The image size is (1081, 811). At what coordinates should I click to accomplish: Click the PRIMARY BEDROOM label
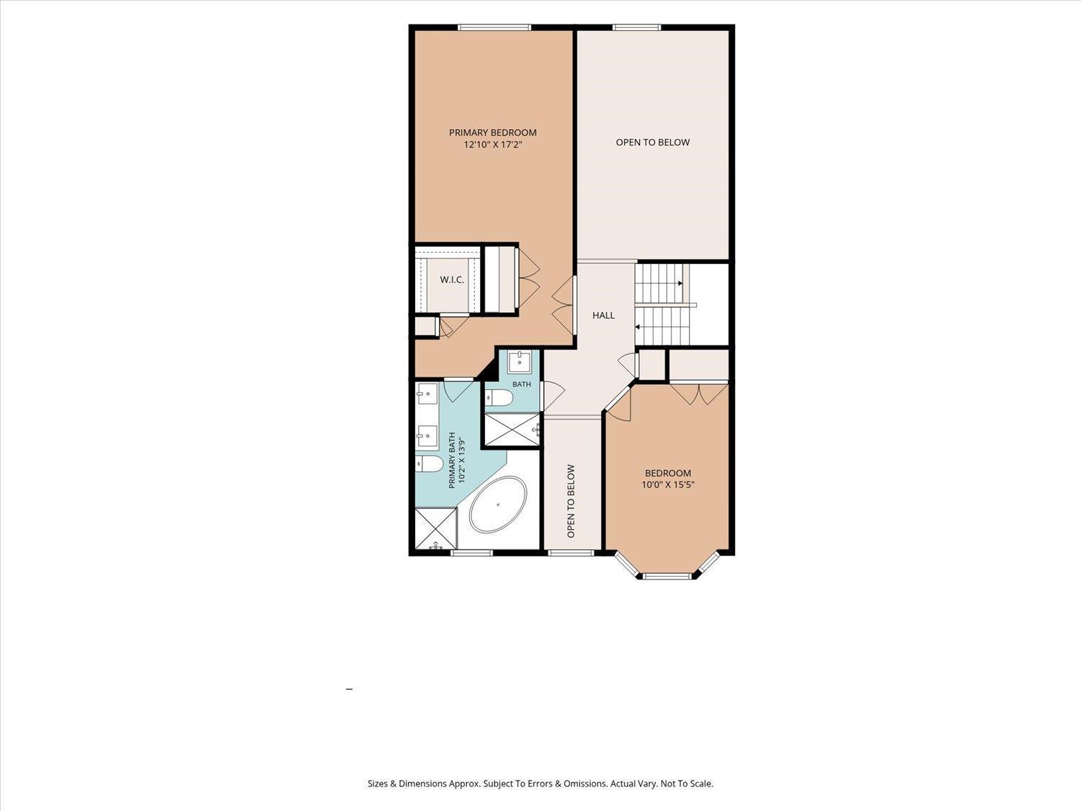click(x=492, y=133)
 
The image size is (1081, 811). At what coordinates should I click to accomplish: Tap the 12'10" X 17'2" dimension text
click(x=492, y=145)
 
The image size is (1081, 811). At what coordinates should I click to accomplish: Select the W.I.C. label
click(x=452, y=280)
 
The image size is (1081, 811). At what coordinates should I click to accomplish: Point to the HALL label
click(x=603, y=315)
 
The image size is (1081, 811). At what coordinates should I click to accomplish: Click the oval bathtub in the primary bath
click(x=498, y=504)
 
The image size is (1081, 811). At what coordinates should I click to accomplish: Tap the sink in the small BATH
click(x=520, y=363)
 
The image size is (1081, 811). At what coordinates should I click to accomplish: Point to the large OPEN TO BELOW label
click(x=652, y=142)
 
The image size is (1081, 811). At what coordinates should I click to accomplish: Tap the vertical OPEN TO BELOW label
click(x=571, y=501)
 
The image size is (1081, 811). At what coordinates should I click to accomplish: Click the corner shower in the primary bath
click(x=436, y=529)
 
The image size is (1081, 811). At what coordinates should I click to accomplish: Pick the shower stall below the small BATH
click(x=512, y=430)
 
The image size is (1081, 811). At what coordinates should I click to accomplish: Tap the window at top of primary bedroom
click(x=494, y=27)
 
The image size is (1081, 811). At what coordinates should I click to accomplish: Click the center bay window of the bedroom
click(x=667, y=575)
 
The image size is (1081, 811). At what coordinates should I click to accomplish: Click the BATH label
click(x=522, y=384)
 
